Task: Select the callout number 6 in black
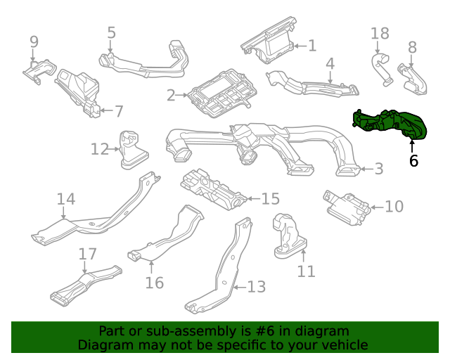point(413,161)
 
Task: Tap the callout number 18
point(380,34)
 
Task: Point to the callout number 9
point(34,42)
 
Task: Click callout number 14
point(65,200)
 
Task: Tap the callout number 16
point(154,283)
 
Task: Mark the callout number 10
point(394,207)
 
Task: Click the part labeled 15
point(211,188)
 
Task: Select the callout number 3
point(378,169)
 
